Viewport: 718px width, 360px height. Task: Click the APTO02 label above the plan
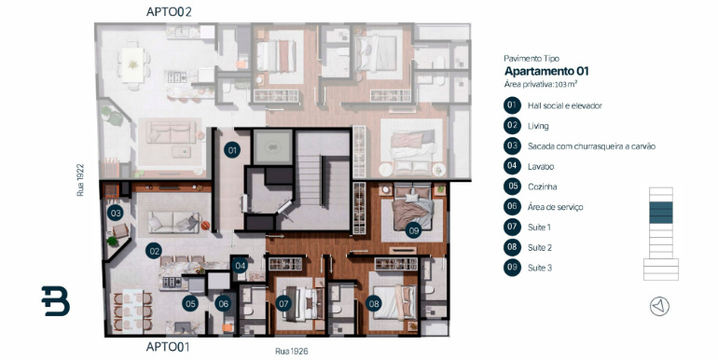pyautogui.click(x=169, y=12)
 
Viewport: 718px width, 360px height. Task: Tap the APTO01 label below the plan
pyautogui.click(x=168, y=347)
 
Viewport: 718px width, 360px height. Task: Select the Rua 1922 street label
pyautogui.click(x=80, y=180)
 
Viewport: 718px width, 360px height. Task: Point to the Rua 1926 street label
pyautogui.click(x=291, y=352)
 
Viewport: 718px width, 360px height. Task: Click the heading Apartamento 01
pyautogui.click(x=546, y=72)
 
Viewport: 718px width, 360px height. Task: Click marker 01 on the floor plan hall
pyautogui.click(x=232, y=150)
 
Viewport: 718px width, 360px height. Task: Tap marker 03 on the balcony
pyautogui.click(x=116, y=213)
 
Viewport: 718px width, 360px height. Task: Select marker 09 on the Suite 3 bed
pyautogui.click(x=413, y=230)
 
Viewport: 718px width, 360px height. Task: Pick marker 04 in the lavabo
pyautogui.click(x=239, y=266)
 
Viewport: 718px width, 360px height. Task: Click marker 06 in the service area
pyautogui.click(x=223, y=303)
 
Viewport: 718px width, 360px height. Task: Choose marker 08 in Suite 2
pyautogui.click(x=374, y=303)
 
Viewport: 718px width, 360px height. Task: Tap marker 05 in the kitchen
pyautogui.click(x=190, y=303)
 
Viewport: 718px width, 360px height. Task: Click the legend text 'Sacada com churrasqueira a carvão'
pyautogui.click(x=591, y=146)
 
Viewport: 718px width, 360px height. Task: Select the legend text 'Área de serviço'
pyautogui.click(x=555, y=207)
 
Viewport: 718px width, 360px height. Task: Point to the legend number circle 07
pyautogui.click(x=512, y=227)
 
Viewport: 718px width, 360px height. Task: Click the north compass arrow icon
pyautogui.click(x=659, y=306)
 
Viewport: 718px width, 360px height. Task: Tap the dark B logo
pyautogui.click(x=55, y=301)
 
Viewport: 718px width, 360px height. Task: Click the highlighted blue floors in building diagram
pyautogui.click(x=661, y=213)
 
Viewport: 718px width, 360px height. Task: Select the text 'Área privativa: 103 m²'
pyautogui.click(x=540, y=84)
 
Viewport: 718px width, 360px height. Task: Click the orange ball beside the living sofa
pyautogui.click(x=205, y=226)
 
